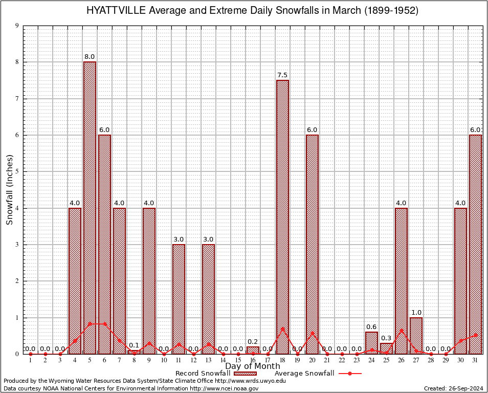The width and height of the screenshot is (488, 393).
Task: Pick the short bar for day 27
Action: tap(416, 336)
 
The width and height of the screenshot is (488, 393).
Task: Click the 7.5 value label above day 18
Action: tap(282, 75)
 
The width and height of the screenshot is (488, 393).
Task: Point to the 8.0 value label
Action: tap(90, 57)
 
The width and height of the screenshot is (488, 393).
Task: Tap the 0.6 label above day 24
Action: tap(371, 327)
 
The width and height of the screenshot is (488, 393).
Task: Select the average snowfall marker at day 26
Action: tap(401, 330)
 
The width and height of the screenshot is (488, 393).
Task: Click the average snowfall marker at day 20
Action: tap(312, 333)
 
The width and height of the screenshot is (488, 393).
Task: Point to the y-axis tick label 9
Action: tap(17, 26)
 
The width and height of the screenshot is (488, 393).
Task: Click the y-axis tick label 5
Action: tap(17, 171)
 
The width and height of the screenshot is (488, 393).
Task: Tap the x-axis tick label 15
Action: tap(238, 361)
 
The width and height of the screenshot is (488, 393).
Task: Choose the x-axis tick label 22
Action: tap(342, 361)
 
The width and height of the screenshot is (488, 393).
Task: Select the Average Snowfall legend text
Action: tap(304, 374)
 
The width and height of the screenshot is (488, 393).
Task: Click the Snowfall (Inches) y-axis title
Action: tap(10, 189)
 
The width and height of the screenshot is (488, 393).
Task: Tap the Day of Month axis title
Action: tap(253, 366)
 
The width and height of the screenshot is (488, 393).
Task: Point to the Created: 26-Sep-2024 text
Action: tap(453, 389)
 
